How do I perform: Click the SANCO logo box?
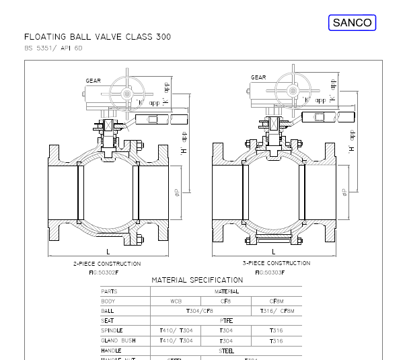353,23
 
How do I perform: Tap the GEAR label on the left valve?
94,81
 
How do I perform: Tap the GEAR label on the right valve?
258,77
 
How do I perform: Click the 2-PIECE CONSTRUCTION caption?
106,264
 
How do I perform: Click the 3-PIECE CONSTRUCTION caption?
276,263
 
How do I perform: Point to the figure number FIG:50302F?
104,272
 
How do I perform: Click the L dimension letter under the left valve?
107,251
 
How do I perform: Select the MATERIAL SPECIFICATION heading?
197,280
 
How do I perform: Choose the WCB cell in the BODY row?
176,301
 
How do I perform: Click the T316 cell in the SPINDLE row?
276,331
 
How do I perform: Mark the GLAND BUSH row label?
118,341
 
